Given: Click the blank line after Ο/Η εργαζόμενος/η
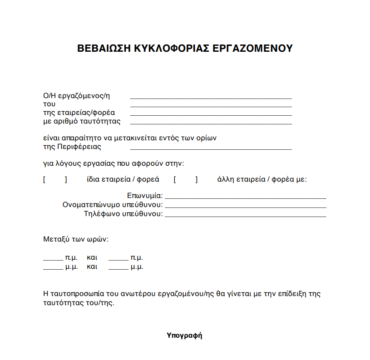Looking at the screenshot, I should tap(211, 97).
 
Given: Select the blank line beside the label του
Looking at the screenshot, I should tap(211, 106).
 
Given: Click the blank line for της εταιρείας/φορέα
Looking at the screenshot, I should tap(211, 114).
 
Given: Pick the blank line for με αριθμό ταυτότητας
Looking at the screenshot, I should tap(211, 123).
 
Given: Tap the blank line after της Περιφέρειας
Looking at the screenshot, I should tap(211, 148).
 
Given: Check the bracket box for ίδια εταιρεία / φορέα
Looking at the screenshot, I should tap(55, 179).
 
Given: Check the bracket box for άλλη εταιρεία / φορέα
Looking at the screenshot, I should tap(186, 179).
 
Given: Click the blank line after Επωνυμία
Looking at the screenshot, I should tap(245, 198).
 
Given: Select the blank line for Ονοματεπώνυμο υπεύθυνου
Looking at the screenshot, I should tap(245, 207).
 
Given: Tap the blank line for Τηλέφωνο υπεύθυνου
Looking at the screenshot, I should tap(245, 215).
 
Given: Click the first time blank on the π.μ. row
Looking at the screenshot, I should tap(53, 259).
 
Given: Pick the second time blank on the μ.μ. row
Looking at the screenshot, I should tap(118, 268).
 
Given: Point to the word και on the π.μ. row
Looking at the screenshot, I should tap(92, 257).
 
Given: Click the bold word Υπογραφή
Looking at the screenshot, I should tap(184, 336).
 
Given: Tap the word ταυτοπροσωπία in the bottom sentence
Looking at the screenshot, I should tap(78, 294).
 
